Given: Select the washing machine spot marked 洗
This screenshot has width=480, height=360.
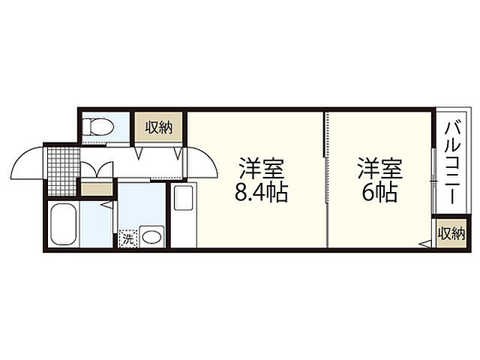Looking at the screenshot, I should tap(128, 239).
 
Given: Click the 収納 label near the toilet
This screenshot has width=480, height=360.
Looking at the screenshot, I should tap(159, 127).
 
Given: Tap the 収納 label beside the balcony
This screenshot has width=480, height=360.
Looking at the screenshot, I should tap(451, 232).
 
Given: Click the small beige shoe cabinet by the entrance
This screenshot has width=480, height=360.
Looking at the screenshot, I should tap(95, 188).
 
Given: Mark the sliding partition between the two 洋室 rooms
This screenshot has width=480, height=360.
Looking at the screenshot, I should tap(327, 180).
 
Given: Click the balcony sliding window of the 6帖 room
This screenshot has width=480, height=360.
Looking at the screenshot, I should tap(433, 176).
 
